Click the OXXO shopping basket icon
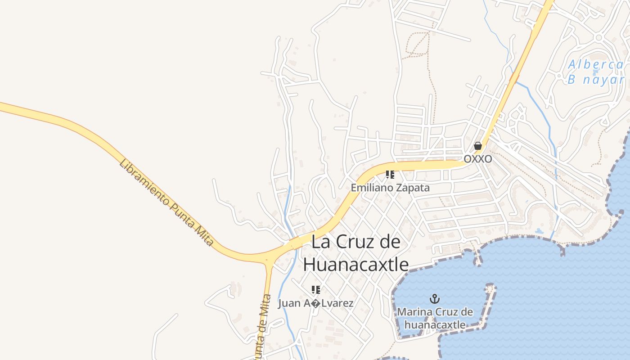pos(478,146)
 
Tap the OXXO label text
pos(478,159)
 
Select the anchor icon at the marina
pos(435,299)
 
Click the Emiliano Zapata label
pos(390,188)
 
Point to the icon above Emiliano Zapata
pos(390,174)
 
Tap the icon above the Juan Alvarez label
pos(316,289)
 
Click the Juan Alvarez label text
pos(316,303)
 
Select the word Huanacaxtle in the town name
pos(356,264)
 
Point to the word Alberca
pos(596,64)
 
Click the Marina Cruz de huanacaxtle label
pos(435,318)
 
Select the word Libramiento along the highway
pos(144,180)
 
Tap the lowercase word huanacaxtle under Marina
pos(435,324)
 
